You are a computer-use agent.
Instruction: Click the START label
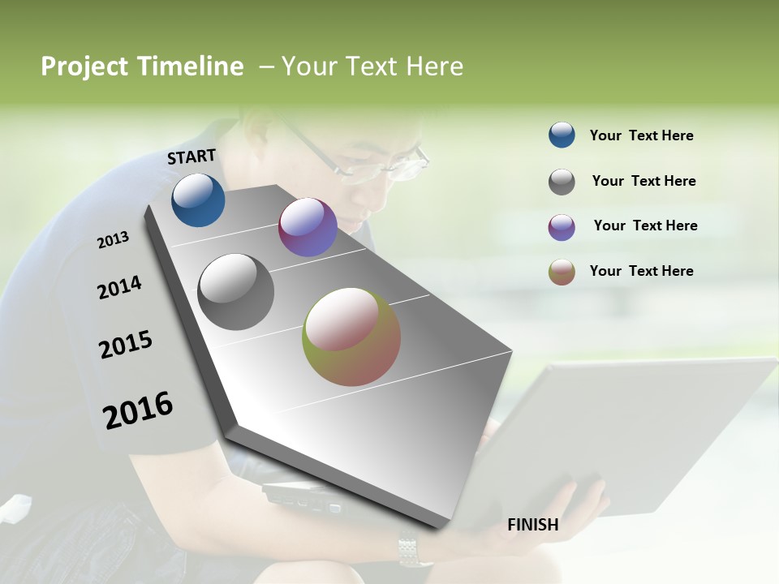[x=192, y=157]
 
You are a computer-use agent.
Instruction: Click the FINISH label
[x=533, y=525]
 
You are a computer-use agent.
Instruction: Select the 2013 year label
[x=113, y=240]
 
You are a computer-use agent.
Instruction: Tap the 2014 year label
[x=119, y=287]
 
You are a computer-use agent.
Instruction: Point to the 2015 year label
[x=126, y=345]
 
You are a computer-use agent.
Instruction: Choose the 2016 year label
[x=138, y=410]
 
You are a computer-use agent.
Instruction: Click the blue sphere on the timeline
[x=198, y=200]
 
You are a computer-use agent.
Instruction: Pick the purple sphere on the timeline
[x=308, y=227]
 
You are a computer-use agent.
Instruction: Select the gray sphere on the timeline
[x=235, y=292]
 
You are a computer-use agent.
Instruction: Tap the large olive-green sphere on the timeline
[x=351, y=337]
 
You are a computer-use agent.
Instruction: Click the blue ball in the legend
[x=562, y=135]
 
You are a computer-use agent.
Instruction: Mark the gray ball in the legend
[x=562, y=182]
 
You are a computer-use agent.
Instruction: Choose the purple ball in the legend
[x=562, y=227]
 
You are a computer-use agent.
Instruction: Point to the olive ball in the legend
[x=562, y=272]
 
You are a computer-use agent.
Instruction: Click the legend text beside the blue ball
[x=641, y=135]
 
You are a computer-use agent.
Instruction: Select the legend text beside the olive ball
[x=641, y=271]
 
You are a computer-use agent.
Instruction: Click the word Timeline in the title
[x=190, y=67]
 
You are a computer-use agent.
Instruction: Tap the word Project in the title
[x=84, y=67]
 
